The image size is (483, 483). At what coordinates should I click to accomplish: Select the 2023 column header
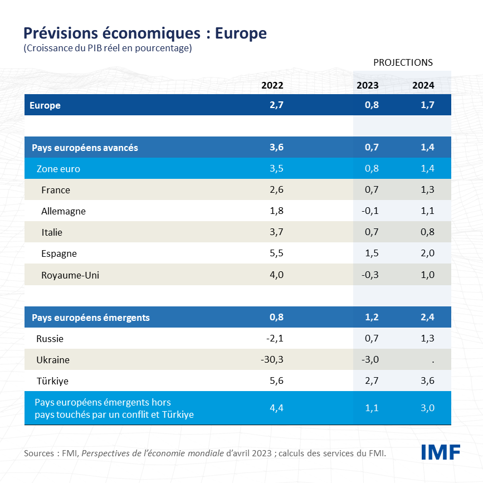(x=368, y=85)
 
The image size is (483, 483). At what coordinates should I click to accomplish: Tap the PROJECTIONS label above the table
(x=403, y=62)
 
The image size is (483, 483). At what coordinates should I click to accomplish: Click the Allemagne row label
(x=64, y=211)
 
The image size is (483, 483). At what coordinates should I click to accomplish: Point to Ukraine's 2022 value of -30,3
(x=272, y=359)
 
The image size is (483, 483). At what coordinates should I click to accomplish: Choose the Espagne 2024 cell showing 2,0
(x=427, y=253)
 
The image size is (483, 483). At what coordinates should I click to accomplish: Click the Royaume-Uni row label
(x=70, y=275)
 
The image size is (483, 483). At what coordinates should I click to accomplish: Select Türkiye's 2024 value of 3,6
(x=427, y=380)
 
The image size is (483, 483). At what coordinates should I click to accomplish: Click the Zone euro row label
(x=58, y=169)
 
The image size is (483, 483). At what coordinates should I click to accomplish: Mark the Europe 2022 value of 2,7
(x=276, y=105)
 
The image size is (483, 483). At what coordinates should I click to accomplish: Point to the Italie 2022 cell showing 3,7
(x=276, y=232)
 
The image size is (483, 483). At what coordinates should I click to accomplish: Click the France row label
(x=56, y=190)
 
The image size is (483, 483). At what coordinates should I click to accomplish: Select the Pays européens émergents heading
(x=91, y=318)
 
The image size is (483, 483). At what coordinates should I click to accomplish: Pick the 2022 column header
(x=272, y=85)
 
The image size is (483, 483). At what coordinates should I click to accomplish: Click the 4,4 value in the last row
(x=276, y=408)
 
